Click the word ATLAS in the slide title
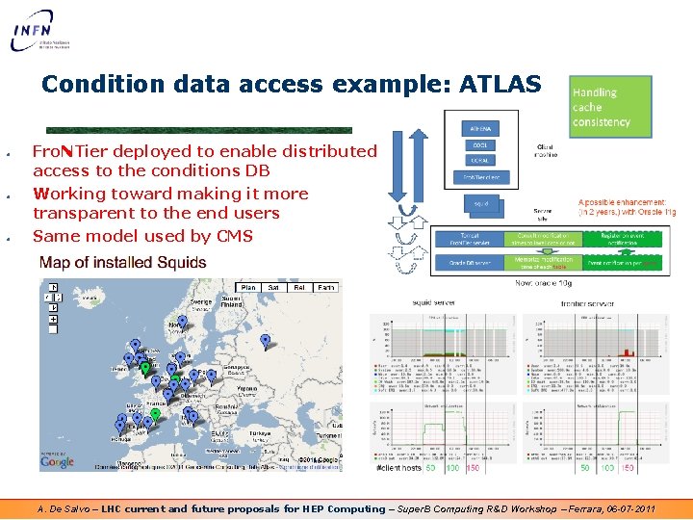pyautogui.click(x=500, y=85)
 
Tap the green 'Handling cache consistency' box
pyautogui.click(x=607, y=107)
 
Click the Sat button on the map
pyautogui.click(x=274, y=287)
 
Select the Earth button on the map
pyautogui.click(x=327, y=287)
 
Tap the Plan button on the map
pyautogui.click(x=248, y=287)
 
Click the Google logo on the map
pyautogui.click(x=58, y=461)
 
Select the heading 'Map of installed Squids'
pyautogui.click(x=122, y=263)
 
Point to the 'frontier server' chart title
pyautogui.click(x=586, y=302)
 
